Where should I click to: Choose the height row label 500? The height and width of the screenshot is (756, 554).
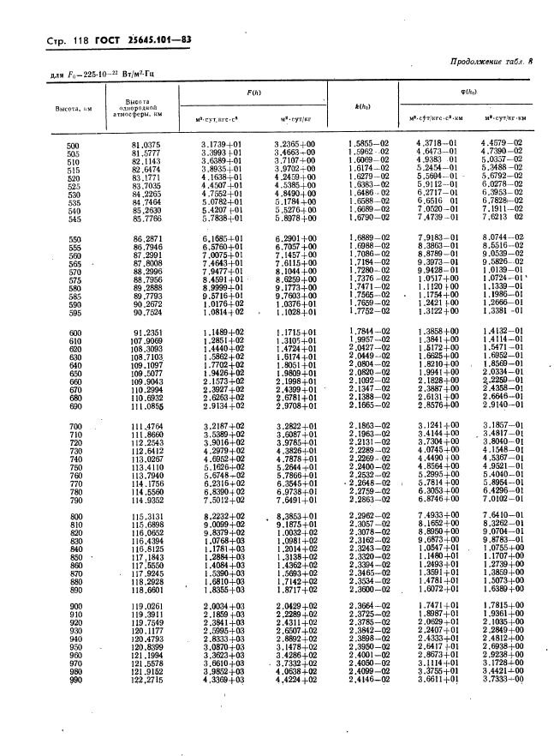click(74, 146)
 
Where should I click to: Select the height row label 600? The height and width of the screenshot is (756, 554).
click(74, 333)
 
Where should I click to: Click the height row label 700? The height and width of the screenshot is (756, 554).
click(74, 427)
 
